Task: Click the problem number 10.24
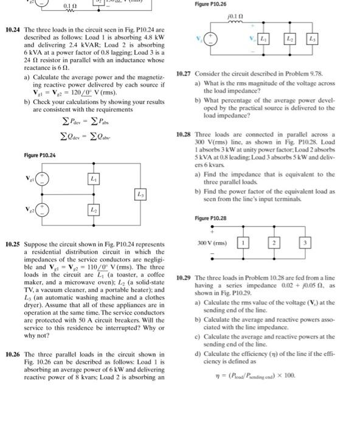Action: [x=13, y=29]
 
